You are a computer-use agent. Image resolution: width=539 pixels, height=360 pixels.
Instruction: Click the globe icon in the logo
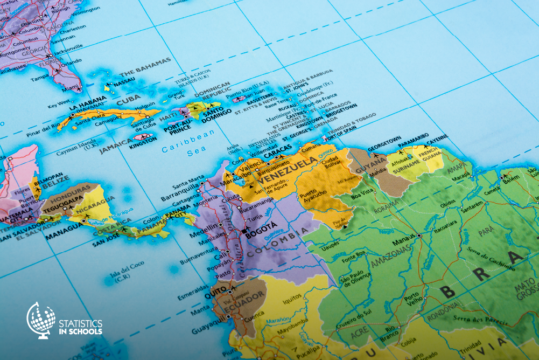coord(41,320)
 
